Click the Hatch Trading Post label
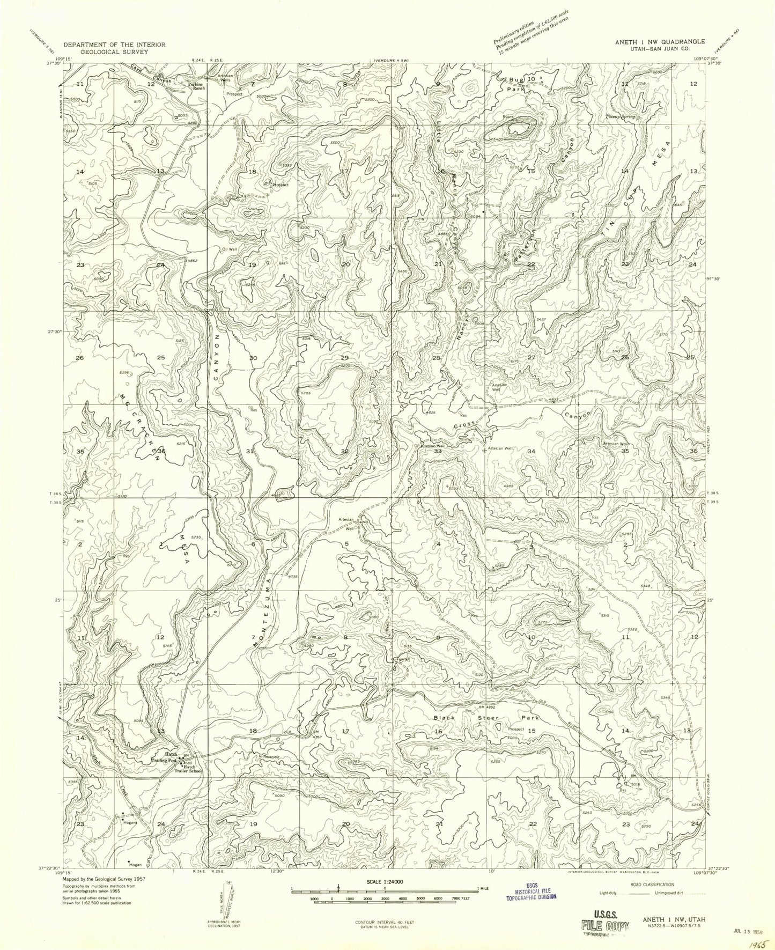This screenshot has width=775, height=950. click(x=165, y=757)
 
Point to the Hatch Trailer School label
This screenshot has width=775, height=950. click(x=187, y=770)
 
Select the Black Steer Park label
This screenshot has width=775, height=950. click(x=485, y=717)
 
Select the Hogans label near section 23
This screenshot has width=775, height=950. click(x=130, y=822)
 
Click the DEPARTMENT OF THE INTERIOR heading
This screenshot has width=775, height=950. click(x=114, y=45)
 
